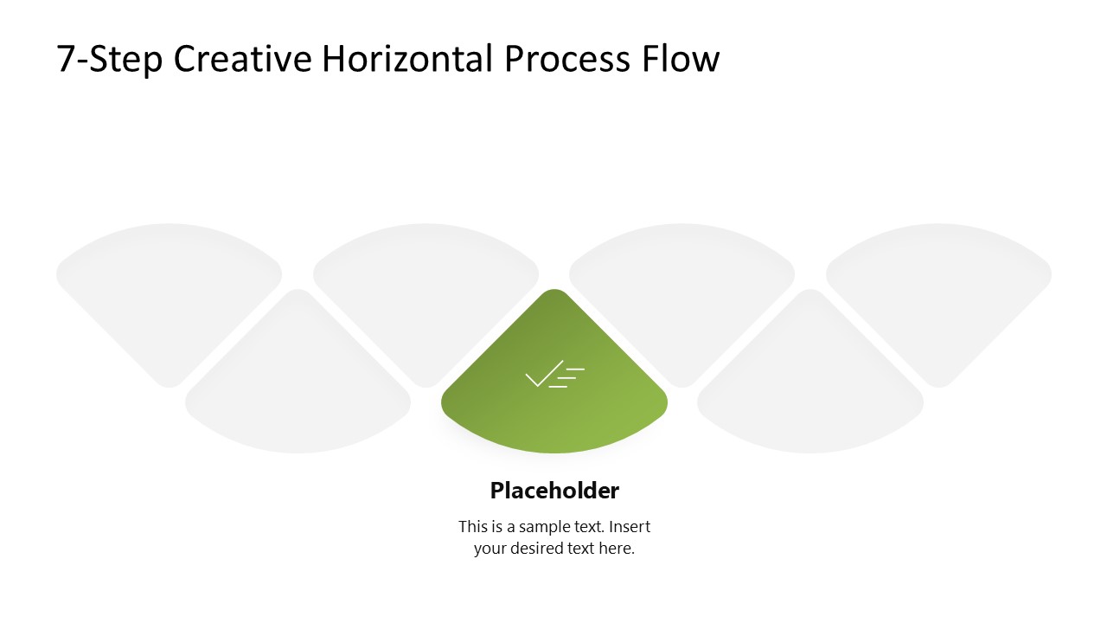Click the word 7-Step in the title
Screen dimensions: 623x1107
point(110,60)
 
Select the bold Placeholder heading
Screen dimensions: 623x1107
point(554,491)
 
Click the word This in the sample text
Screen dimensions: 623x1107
point(474,526)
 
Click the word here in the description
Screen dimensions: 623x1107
point(616,549)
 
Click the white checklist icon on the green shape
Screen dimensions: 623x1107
point(554,375)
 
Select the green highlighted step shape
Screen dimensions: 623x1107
point(554,407)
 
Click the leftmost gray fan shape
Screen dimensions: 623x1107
point(170,286)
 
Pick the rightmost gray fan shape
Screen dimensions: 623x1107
point(938,286)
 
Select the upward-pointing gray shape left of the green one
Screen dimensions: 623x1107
point(298,389)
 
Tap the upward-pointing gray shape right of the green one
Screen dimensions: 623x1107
point(810,389)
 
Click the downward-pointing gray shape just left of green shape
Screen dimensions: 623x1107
point(426,286)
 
